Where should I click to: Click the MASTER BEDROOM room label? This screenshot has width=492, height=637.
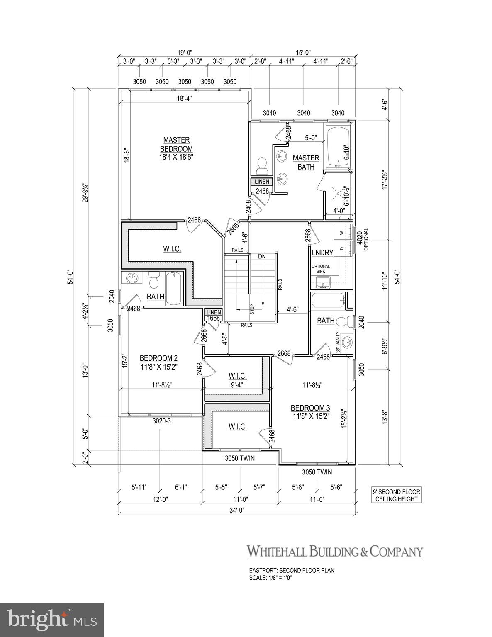click(177, 145)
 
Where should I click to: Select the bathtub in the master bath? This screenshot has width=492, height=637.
click(339, 147)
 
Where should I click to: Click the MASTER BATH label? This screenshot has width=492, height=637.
click(306, 162)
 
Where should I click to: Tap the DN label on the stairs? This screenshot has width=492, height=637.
click(262, 256)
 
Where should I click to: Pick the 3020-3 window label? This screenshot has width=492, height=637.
click(162, 421)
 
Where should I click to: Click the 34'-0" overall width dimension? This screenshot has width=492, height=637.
click(236, 511)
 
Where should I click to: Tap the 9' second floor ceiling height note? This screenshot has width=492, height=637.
click(397, 495)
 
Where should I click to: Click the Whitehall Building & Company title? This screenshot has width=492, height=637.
click(335, 552)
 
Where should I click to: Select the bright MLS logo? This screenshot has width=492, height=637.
click(52, 620)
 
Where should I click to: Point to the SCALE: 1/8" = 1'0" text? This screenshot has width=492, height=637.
click(270, 578)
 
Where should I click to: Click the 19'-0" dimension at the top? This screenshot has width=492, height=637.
click(185, 52)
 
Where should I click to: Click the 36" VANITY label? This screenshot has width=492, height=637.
click(338, 342)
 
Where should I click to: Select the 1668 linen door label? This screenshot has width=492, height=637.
click(214, 318)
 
